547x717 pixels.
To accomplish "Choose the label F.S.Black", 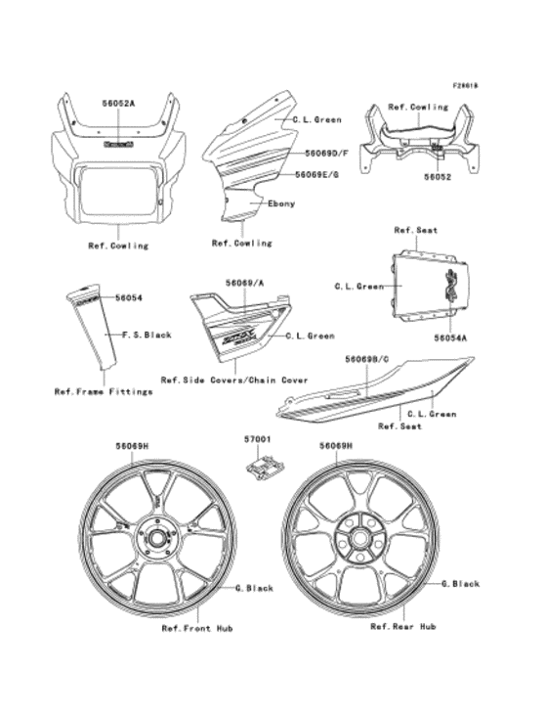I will coord(147,335).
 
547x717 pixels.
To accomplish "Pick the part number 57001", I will coord(258,442).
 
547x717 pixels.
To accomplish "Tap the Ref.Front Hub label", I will coord(197,628).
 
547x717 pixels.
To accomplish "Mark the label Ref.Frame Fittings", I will coord(104,391).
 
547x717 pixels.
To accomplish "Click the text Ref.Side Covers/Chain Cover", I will coord(234,380).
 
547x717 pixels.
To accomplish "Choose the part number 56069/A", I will coord(244,283).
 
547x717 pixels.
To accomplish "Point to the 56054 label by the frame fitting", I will coord(129,296).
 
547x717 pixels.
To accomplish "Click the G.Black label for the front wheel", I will coord(254,588).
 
